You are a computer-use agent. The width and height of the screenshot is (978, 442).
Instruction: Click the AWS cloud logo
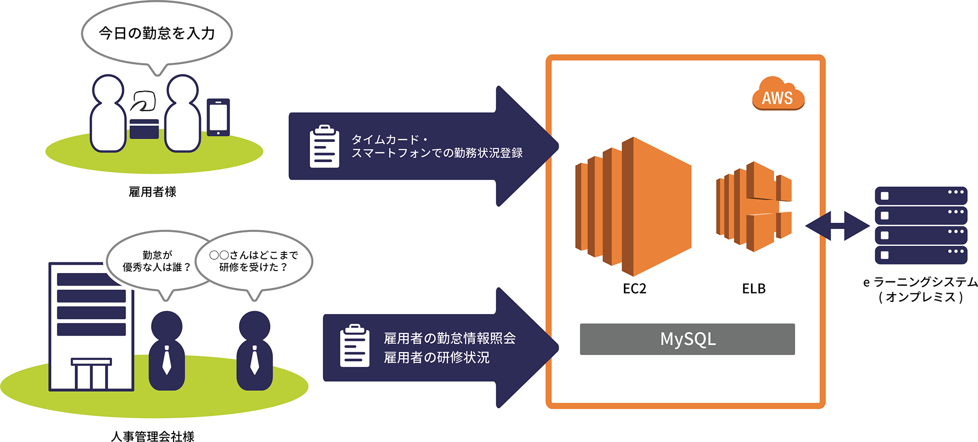click(x=778, y=95)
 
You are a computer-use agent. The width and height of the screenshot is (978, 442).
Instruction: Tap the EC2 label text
click(x=634, y=289)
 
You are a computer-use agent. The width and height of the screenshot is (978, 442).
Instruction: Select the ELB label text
click(x=754, y=289)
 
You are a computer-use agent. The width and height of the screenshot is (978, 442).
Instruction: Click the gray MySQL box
click(x=687, y=339)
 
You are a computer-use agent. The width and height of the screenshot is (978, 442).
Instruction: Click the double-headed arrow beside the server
click(x=837, y=226)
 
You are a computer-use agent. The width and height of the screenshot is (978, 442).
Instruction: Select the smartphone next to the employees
click(x=218, y=117)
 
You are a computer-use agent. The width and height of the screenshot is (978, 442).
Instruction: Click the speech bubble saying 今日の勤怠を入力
click(x=156, y=33)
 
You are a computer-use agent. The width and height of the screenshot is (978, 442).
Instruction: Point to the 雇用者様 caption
click(x=152, y=192)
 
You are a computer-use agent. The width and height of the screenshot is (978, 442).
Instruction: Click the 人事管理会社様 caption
click(x=153, y=436)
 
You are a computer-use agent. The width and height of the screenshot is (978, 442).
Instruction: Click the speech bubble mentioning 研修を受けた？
click(x=254, y=261)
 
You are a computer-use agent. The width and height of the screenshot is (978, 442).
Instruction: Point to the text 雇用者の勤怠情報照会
click(x=449, y=338)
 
